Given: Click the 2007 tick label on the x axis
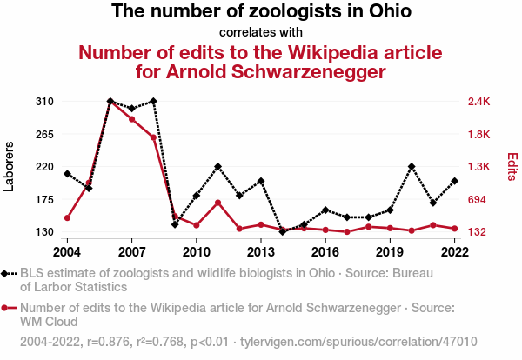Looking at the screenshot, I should click(131, 252).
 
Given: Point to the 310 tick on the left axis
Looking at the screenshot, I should click(45, 102).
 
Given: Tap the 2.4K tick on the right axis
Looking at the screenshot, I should click(479, 102).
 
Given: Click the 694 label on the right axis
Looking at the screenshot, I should click(477, 200).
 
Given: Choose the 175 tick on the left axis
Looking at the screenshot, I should click(45, 200).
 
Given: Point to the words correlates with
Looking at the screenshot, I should click(260, 33).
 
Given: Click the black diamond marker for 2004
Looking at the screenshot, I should click(67, 174).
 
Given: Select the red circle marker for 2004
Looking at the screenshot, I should click(67, 217).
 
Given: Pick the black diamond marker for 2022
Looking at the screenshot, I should click(455, 181).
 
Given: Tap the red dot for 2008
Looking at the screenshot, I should click(153, 137).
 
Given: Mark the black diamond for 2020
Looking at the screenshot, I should click(412, 166).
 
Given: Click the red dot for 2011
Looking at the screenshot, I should click(217, 203).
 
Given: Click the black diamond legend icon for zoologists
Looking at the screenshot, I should click(8, 274).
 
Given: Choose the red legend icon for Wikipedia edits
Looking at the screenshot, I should click(8, 308).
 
